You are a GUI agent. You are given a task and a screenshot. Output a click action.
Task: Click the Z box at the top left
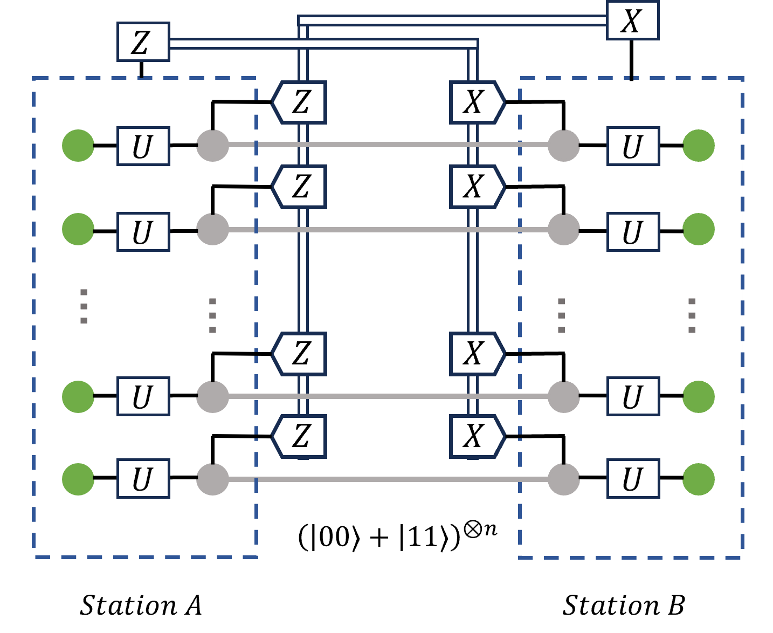pyautogui.click(x=143, y=42)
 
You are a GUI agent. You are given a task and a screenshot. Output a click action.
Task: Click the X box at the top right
pyautogui.click(x=632, y=20)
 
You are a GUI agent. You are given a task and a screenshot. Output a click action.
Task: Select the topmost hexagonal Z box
pyautogui.click(x=300, y=102)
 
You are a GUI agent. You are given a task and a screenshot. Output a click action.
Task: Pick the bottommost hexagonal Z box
pyautogui.click(x=300, y=436)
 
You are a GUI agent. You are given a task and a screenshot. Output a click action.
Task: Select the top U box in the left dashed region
pyautogui.click(x=143, y=146)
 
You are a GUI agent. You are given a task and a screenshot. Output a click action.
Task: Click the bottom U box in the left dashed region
pyautogui.click(x=143, y=478)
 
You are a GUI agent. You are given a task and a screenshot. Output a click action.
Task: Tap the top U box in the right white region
pyautogui.click(x=633, y=146)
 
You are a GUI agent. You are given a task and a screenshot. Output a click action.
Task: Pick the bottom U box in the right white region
pyautogui.click(x=633, y=478)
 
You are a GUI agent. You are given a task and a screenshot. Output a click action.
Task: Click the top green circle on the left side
pyautogui.click(x=78, y=146)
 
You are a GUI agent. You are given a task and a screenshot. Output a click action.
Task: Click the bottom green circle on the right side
pyautogui.click(x=699, y=479)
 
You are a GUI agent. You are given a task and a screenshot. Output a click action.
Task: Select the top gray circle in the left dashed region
pyautogui.click(x=212, y=146)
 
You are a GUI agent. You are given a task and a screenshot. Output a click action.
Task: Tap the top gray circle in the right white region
pyautogui.click(x=563, y=146)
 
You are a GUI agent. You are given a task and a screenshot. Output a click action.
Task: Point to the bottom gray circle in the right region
pyautogui.click(x=563, y=479)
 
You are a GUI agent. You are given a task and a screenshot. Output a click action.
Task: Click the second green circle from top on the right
pyautogui.click(x=699, y=229)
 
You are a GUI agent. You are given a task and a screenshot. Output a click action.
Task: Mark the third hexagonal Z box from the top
pyautogui.click(x=300, y=354)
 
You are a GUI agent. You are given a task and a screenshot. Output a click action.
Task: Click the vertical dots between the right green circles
pyautogui.click(x=692, y=315)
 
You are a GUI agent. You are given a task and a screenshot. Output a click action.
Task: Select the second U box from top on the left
pyautogui.click(x=143, y=232)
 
